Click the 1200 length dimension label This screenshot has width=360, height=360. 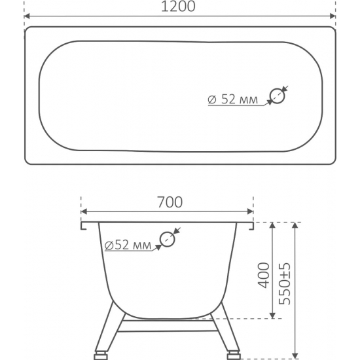(x=178, y=6)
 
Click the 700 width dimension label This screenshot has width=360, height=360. (x=170, y=202)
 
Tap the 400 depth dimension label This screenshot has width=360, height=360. (x=264, y=276)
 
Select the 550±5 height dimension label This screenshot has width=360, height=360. (x=285, y=284)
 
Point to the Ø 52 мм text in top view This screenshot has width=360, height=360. (x=232, y=99)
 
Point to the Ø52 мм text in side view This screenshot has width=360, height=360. (x=128, y=245)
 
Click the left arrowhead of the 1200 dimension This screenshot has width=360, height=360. (x=27, y=16)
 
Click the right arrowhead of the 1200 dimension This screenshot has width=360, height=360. (x=333, y=16)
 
